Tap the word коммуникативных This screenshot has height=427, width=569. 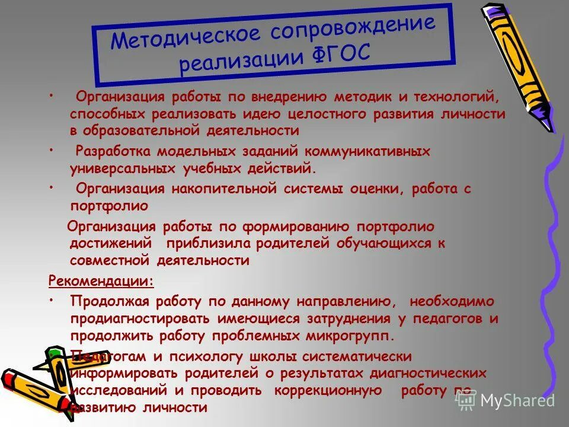coord(363,151)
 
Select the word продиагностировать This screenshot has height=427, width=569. coord(139,318)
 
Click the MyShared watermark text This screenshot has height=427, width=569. coord(517,401)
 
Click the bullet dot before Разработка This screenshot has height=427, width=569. coord(52,148)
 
